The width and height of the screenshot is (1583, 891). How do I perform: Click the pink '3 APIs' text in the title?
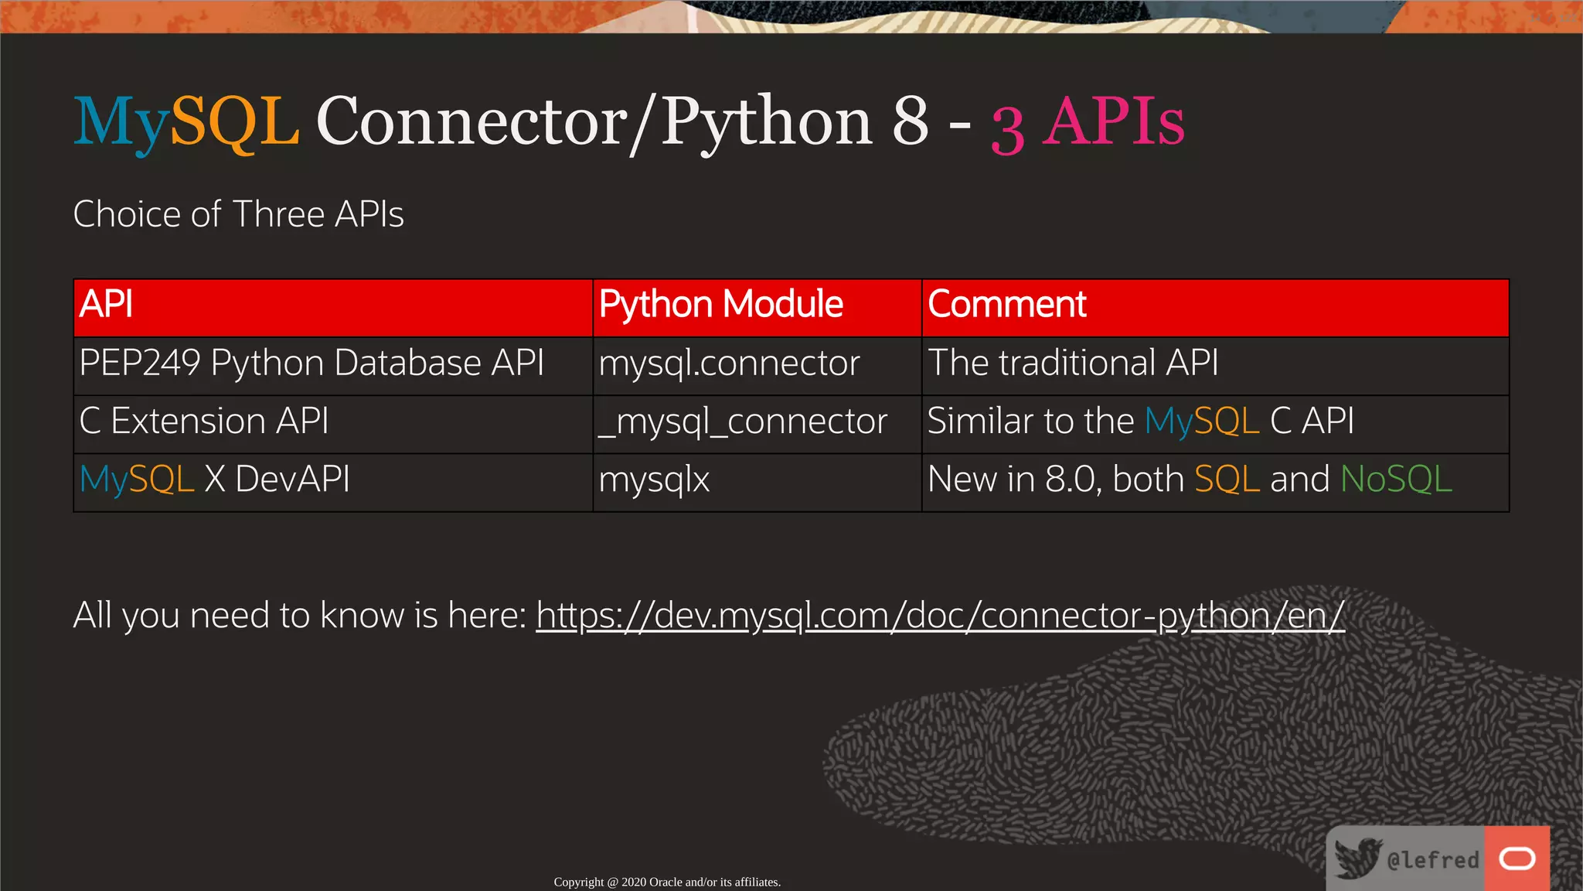[1088, 124]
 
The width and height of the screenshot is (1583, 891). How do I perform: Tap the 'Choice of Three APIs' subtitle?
[238, 214]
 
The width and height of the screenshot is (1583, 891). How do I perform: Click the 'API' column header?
[106, 304]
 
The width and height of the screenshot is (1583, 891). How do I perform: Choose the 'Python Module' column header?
[720, 304]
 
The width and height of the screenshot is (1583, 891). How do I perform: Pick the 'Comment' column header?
[1006, 304]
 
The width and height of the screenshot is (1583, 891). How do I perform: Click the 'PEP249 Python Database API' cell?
[311, 364]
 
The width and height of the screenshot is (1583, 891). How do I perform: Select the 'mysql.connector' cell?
[729, 364]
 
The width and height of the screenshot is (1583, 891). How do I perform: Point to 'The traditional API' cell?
[1073, 363]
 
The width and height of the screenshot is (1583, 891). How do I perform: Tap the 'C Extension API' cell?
[204, 422]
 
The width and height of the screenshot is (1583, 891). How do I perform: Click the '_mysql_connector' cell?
[743, 422]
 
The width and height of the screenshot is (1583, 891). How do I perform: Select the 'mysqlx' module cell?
[654, 480]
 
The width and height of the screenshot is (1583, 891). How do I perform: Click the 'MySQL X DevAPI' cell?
[215, 480]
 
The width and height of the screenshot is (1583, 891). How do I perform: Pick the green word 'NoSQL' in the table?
[1396, 480]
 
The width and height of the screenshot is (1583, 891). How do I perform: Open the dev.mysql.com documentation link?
[940, 616]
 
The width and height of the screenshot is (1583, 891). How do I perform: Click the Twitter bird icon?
[1357, 858]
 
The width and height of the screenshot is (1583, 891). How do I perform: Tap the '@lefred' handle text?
[1432, 859]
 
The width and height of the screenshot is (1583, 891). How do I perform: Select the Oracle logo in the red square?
[1517, 859]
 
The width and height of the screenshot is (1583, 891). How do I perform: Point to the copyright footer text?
[667, 882]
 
